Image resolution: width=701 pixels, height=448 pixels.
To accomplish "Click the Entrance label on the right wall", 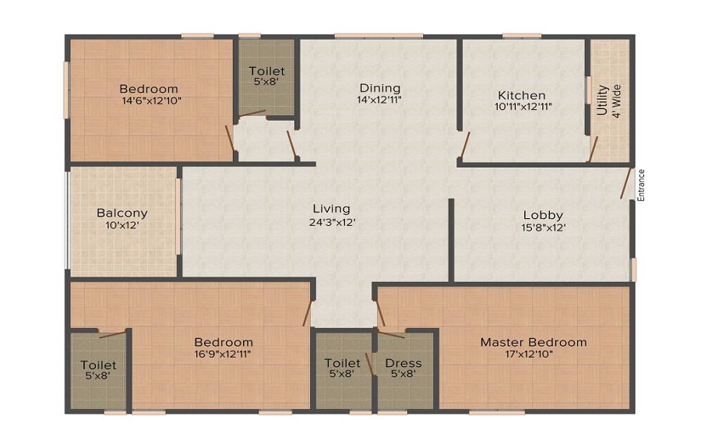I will [x=641, y=185].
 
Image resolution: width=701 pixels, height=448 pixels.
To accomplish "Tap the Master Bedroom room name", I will [x=533, y=342].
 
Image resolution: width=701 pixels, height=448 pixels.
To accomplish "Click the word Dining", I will [x=379, y=88].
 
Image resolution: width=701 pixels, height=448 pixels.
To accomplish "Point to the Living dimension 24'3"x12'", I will [x=332, y=222].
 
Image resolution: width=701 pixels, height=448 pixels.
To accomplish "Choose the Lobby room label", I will [x=543, y=215].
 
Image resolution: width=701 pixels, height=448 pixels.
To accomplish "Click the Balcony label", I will [x=122, y=213].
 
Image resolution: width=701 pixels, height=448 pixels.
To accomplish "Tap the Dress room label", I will [x=403, y=363].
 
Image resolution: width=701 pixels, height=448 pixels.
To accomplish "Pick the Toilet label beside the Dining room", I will [x=266, y=71].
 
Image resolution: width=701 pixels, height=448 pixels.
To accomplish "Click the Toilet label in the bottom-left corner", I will [x=98, y=365].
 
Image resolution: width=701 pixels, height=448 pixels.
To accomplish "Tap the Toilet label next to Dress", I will [x=343, y=363].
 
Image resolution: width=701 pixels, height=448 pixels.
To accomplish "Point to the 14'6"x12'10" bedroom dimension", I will [x=148, y=101].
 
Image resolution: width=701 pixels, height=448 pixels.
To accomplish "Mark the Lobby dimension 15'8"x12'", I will [x=543, y=228].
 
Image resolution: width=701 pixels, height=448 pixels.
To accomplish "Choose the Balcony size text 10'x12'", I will [x=122, y=225].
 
